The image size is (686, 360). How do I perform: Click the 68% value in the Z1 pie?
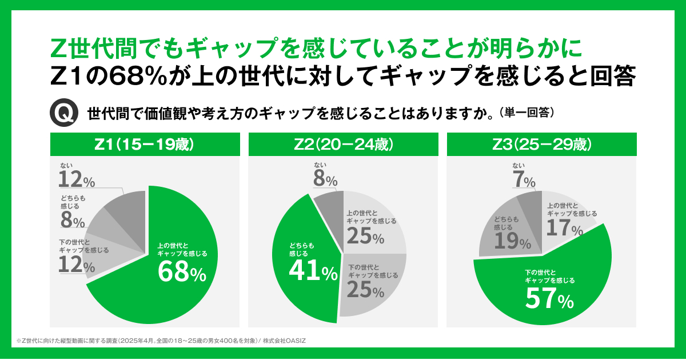point(181,273)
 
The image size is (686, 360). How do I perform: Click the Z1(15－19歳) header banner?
point(145,144)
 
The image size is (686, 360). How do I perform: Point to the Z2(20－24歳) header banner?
point(343,144)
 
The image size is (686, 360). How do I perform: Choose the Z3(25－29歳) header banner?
point(541,144)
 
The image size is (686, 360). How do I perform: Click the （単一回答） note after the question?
point(527,113)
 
